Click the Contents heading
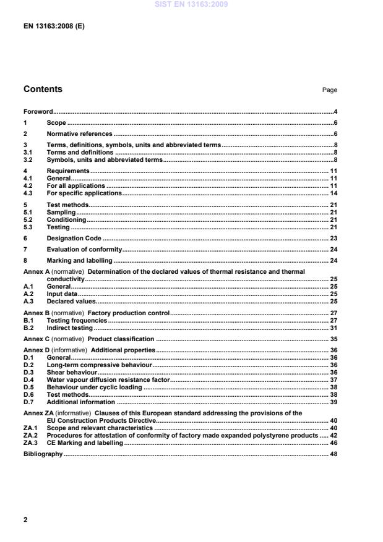[x=43, y=89]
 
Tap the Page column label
[x=329, y=90]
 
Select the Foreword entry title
[x=38, y=112]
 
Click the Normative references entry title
[x=79, y=133]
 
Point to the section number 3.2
[x=28, y=159]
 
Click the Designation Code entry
[x=74, y=238]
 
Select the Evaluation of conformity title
[x=84, y=250]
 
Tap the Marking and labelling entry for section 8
[x=79, y=261]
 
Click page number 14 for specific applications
[x=333, y=193]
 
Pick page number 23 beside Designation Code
[x=333, y=238]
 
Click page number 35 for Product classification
[x=333, y=339]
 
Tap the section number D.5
[x=28, y=387]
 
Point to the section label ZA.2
[x=30, y=435]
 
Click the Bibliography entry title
[x=43, y=454]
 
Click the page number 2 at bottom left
[x=25, y=520]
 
